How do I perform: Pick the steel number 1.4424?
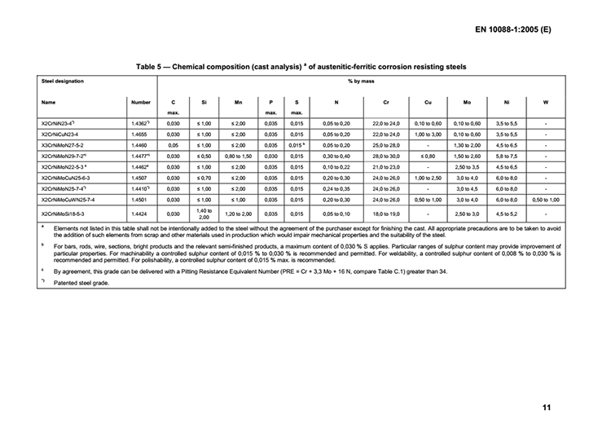point(140,213)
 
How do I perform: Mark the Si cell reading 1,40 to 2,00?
point(204,213)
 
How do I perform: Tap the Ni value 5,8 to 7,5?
point(507,154)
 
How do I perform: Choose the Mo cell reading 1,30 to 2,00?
point(467,143)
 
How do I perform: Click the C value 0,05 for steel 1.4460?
point(174,143)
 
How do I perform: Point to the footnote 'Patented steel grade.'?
point(84,283)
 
